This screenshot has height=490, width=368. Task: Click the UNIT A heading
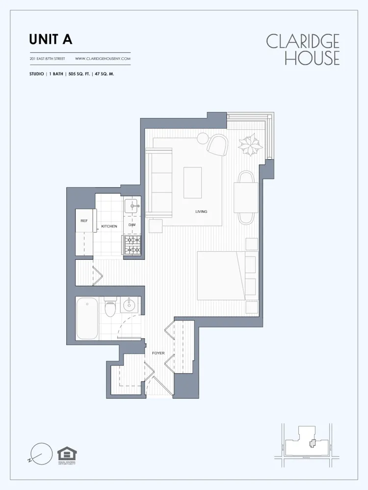click(51, 39)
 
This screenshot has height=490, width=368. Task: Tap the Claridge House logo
click(303, 49)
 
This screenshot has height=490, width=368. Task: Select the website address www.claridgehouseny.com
click(103, 59)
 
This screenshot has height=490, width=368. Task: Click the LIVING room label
click(201, 212)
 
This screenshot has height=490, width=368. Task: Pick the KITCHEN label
click(109, 226)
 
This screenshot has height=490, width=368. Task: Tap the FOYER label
click(158, 353)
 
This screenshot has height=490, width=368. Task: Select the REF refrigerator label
click(84, 221)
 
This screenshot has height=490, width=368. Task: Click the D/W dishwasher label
click(132, 225)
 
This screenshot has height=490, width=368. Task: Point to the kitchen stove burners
click(132, 245)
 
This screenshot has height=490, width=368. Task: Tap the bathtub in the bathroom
click(87, 318)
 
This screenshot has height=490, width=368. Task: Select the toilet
click(110, 308)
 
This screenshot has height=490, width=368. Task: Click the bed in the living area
click(221, 275)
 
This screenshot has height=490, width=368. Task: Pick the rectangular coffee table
click(192, 182)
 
